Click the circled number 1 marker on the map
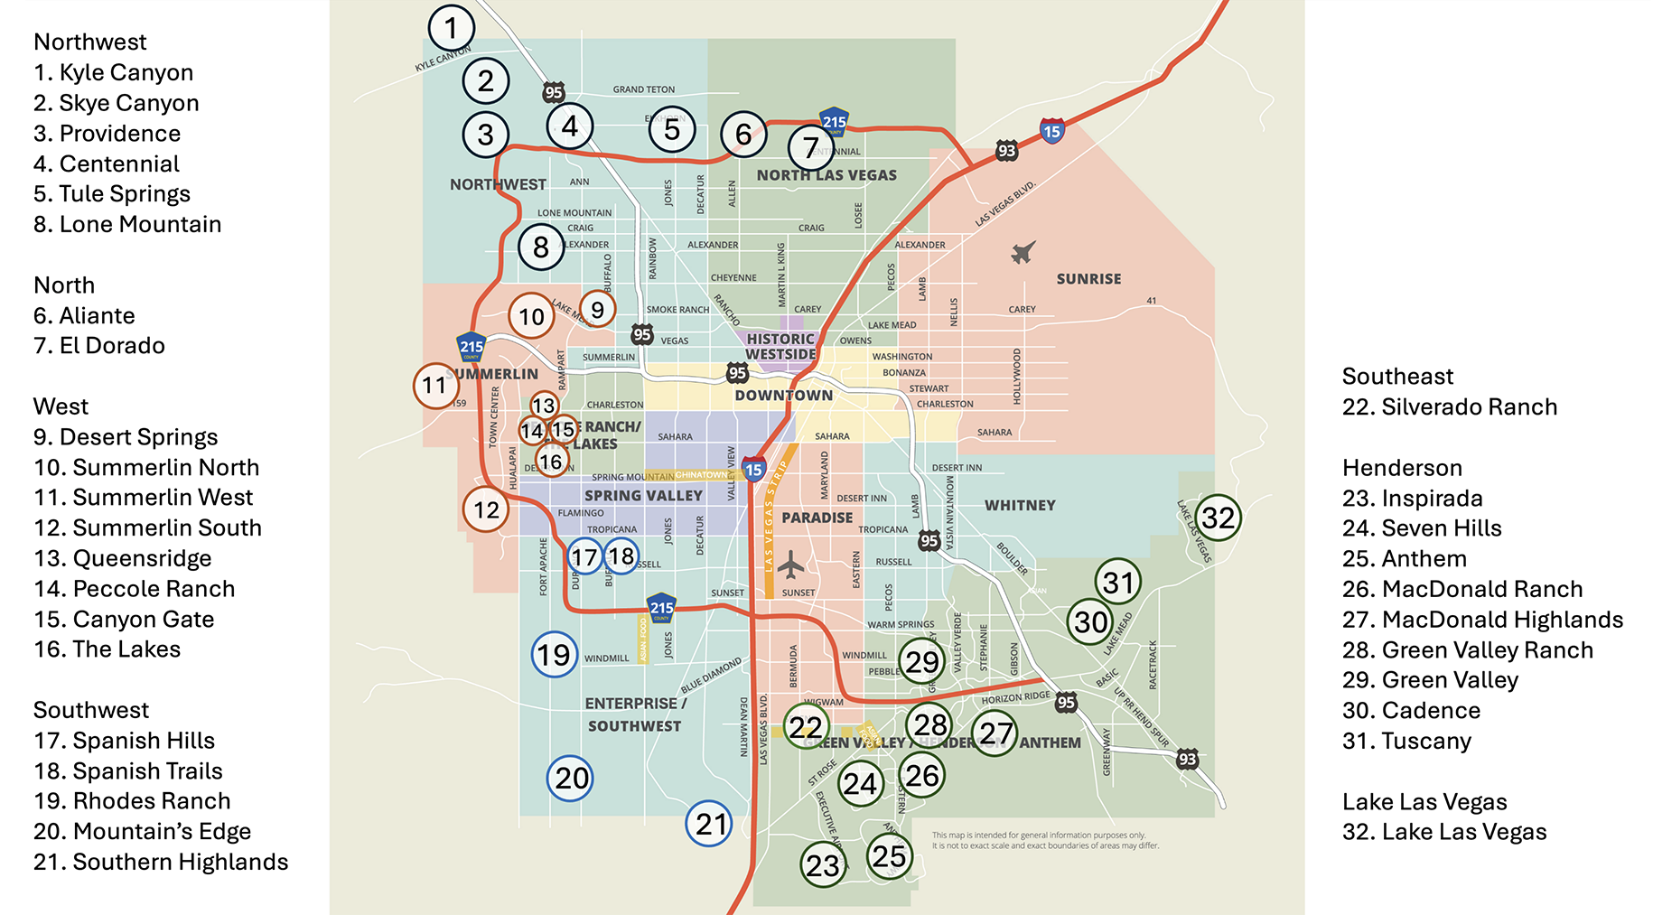click(451, 27)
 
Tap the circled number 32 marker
click(1218, 518)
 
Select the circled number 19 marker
click(554, 655)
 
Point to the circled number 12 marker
click(486, 509)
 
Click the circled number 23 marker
click(823, 865)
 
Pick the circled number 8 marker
click(541, 247)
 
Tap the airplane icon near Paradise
click(790, 565)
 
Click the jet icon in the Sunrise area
click(1023, 252)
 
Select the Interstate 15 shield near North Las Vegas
click(1051, 131)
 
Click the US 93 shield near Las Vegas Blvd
click(1006, 151)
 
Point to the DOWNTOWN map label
click(783, 396)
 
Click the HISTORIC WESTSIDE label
click(780, 347)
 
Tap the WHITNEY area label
click(1020, 506)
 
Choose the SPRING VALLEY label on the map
click(643, 496)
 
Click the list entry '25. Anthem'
click(1404, 559)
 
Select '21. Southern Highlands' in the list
click(161, 863)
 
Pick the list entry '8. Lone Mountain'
click(127, 225)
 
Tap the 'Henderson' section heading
click(1402, 468)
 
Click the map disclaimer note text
click(1045, 841)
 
